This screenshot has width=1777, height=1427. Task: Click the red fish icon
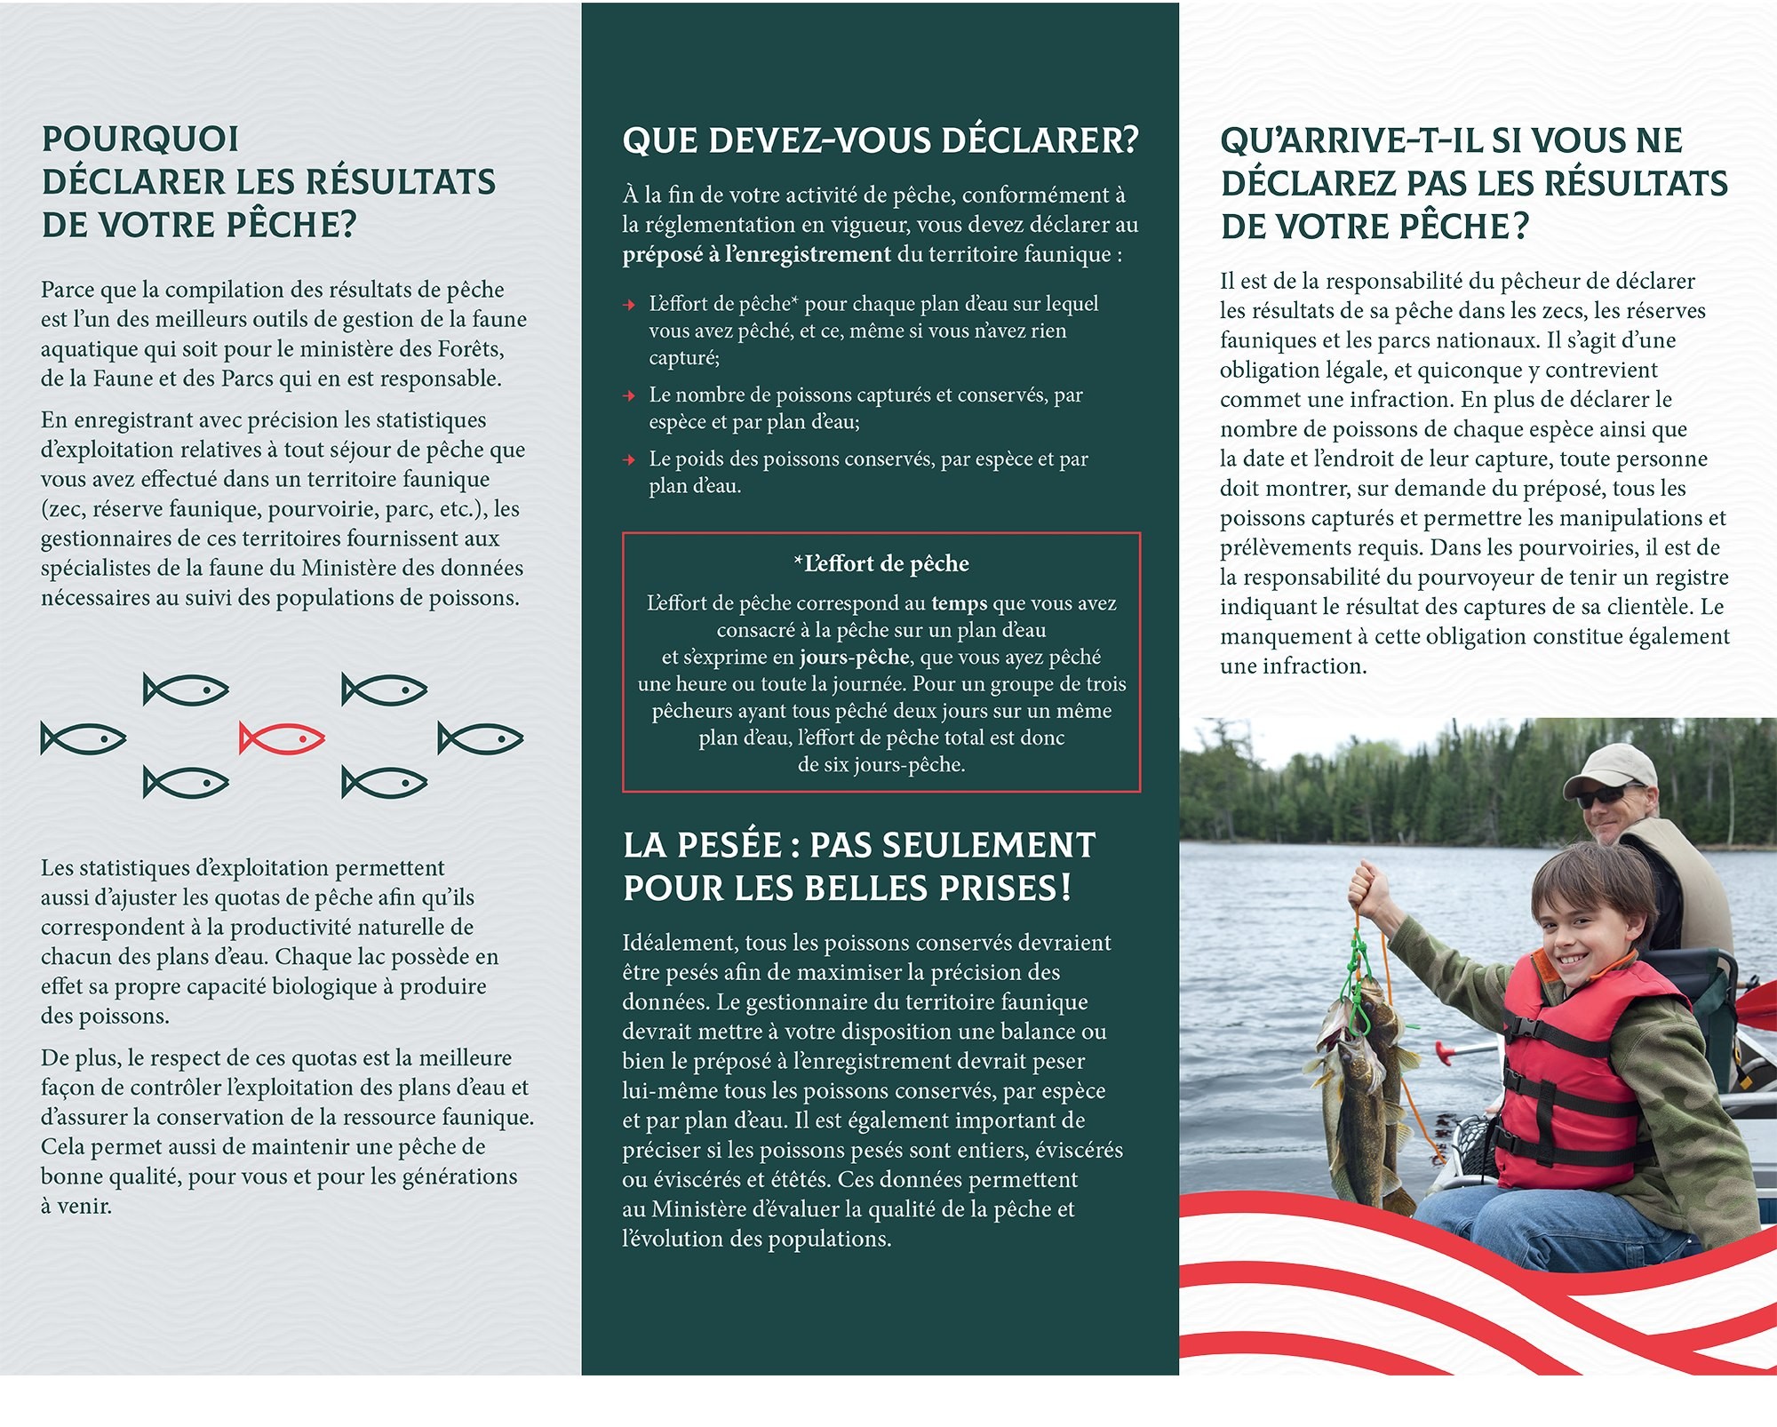pos(282,738)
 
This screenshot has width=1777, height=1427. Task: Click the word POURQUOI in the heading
pos(140,140)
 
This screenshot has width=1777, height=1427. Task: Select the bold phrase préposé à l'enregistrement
pos(756,255)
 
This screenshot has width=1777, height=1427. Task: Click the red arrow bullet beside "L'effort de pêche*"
pos(630,305)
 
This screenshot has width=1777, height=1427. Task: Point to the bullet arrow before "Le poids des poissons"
pos(630,460)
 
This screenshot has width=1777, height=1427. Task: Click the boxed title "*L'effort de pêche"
pos(881,564)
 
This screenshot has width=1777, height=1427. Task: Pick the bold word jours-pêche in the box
pos(854,658)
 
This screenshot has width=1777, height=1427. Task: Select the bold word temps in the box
pos(959,603)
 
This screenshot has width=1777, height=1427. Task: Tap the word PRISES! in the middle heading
pos(1003,889)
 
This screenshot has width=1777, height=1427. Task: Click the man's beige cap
pos(1608,763)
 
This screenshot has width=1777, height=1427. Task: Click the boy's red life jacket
pos(1564,1066)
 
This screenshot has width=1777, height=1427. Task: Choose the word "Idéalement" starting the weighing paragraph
pos(680,944)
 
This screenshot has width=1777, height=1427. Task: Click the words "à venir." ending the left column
pos(76,1207)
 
